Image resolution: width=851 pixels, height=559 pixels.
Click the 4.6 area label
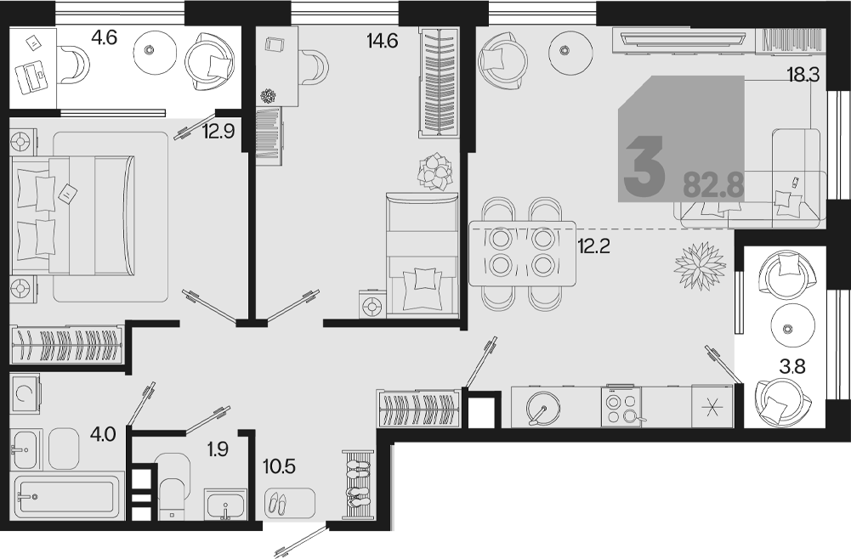pos(105,38)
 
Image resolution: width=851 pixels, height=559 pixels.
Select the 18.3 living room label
pos(803,74)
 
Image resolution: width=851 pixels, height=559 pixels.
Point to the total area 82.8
pos(712,185)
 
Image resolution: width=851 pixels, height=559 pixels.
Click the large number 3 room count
pos(644,166)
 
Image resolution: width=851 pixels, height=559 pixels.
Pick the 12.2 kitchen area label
pos(593,246)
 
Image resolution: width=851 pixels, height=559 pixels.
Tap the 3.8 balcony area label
pos(791,367)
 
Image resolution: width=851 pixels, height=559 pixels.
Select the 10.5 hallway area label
pos(279,466)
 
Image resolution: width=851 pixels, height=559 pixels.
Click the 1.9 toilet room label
pos(217,449)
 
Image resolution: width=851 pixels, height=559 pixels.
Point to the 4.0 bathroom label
pos(103,434)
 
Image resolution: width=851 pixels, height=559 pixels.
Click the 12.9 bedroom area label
pos(218,131)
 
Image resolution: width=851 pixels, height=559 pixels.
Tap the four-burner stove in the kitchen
pos(621,406)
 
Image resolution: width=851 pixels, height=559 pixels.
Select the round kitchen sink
pos(543,408)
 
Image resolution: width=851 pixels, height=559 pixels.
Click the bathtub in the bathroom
pos(67,496)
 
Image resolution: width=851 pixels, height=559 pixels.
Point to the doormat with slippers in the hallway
pos(290,503)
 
